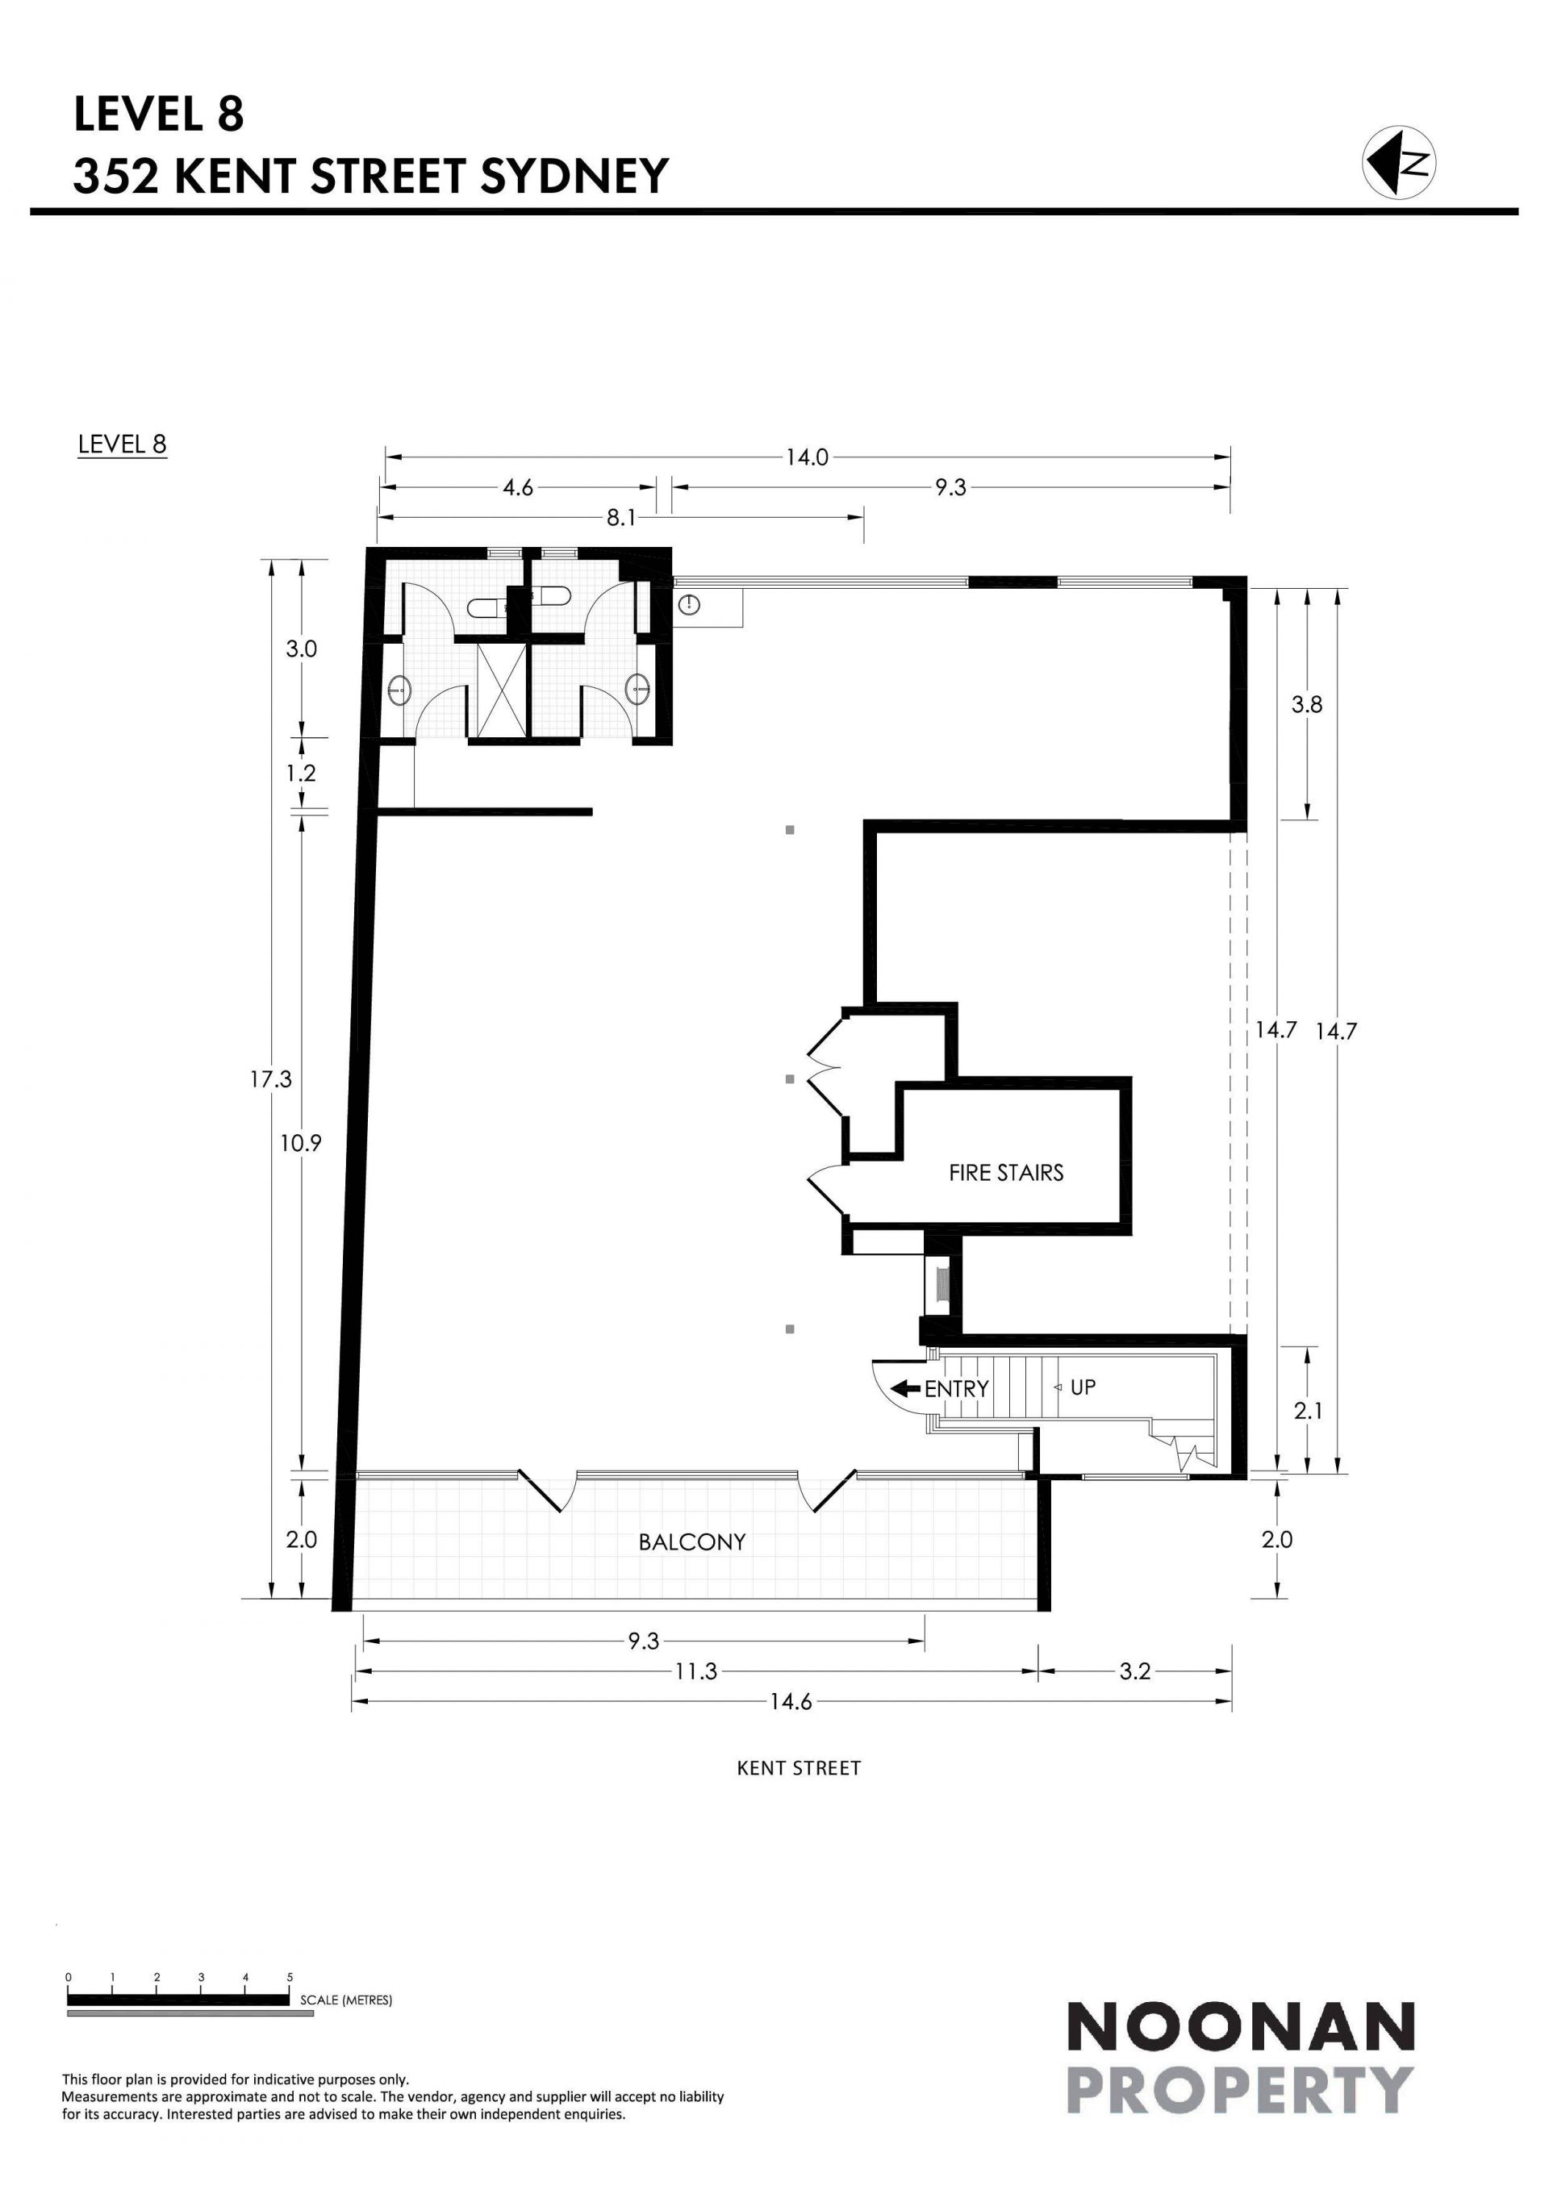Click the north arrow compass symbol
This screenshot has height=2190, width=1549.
pyautogui.click(x=1399, y=162)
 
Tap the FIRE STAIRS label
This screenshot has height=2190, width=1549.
pyautogui.click(x=1005, y=1173)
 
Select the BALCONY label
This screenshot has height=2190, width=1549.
pyautogui.click(x=691, y=1541)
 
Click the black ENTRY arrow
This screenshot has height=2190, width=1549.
pyautogui.click(x=905, y=1388)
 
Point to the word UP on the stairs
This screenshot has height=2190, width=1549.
pyautogui.click(x=1083, y=1387)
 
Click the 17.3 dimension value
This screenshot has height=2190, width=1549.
pyautogui.click(x=271, y=1078)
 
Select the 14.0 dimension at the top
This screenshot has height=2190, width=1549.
pyautogui.click(x=807, y=457)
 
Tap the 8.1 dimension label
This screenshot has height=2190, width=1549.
pyautogui.click(x=621, y=517)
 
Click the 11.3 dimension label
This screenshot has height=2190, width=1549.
pyautogui.click(x=696, y=1671)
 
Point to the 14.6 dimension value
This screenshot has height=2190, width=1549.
pyautogui.click(x=791, y=1702)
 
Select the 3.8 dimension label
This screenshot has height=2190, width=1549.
pyautogui.click(x=1307, y=704)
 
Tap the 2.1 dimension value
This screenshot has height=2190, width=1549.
pyautogui.click(x=1308, y=1410)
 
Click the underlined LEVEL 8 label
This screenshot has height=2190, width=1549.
pyautogui.click(x=122, y=444)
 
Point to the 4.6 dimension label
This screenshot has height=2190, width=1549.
pyautogui.click(x=518, y=487)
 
